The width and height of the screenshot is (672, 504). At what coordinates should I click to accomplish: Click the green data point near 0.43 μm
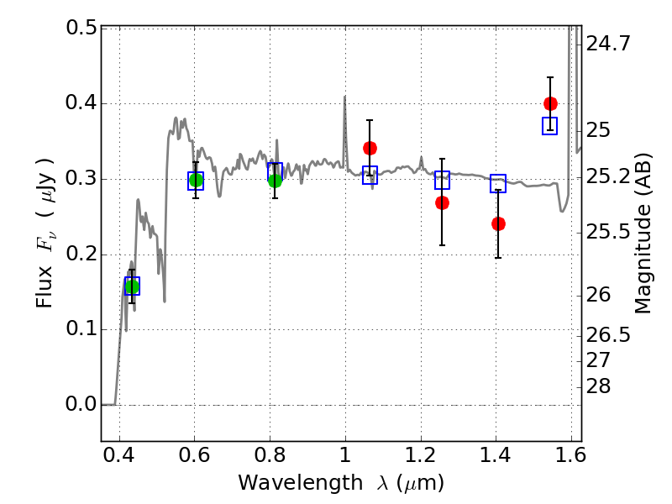(x=131, y=286)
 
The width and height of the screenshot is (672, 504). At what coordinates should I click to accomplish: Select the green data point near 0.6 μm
(x=196, y=180)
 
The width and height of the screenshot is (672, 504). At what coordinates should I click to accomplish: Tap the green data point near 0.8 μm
(x=275, y=180)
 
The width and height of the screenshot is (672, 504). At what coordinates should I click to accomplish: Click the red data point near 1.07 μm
(x=370, y=148)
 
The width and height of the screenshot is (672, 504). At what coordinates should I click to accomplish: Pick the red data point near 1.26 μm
(x=442, y=202)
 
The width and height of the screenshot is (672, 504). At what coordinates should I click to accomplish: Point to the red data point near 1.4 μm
(x=498, y=223)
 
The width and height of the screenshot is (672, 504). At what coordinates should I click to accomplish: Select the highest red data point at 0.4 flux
(x=550, y=103)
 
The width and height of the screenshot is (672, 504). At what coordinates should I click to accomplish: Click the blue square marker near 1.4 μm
(x=498, y=183)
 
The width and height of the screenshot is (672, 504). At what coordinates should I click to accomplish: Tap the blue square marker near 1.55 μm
(x=549, y=126)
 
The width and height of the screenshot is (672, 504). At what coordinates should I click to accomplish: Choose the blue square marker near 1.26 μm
(x=442, y=180)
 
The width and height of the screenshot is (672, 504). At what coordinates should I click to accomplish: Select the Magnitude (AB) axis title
(x=644, y=233)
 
